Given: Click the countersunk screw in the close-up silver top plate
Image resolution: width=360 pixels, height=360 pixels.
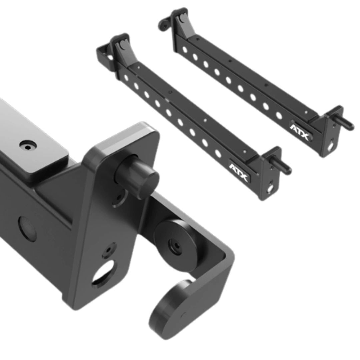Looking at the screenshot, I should [x=28, y=145].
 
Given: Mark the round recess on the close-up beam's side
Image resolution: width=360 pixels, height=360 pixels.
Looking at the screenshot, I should [x=28, y=229].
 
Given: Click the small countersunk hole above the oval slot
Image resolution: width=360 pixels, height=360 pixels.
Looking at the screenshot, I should [x=109, y=250].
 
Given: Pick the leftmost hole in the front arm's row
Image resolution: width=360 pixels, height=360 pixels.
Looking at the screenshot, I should [x=126, y=78].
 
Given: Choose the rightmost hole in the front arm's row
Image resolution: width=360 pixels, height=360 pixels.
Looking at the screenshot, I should [x=218, y=154].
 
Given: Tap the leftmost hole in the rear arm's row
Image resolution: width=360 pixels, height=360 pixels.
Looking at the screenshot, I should [x=185, y=50].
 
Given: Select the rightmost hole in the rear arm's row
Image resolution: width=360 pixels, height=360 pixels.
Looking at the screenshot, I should [x=279, y=115].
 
